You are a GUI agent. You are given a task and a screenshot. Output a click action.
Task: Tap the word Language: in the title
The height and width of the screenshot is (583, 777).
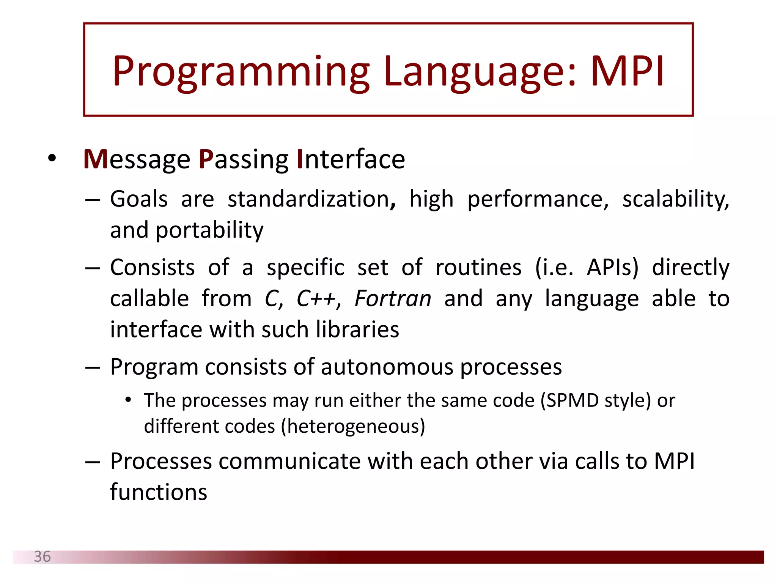[480, 72]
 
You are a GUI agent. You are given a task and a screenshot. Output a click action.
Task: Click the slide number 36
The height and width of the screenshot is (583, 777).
[42, 557]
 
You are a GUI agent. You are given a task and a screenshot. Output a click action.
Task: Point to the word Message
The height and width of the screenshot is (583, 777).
[137, 159]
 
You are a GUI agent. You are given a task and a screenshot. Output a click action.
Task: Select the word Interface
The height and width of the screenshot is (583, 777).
[351, 159]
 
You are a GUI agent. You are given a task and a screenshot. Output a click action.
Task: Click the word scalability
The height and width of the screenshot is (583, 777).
[675, 199]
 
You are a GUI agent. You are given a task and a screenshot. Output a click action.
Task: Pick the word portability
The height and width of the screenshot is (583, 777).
[209, 230]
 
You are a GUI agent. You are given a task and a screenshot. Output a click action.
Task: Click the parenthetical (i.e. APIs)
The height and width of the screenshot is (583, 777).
[587, 268]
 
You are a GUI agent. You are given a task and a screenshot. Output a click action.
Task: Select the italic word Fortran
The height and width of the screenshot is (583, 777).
[393, 299]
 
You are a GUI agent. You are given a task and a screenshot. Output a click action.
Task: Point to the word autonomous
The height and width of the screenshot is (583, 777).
[387, 367]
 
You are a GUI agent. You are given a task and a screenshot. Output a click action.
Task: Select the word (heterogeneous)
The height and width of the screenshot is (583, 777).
[353, 427]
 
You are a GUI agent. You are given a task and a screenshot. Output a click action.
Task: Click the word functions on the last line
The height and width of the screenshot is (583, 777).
[159, 493]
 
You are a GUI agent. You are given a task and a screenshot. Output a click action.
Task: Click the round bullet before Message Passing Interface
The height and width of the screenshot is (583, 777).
[52, 158]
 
